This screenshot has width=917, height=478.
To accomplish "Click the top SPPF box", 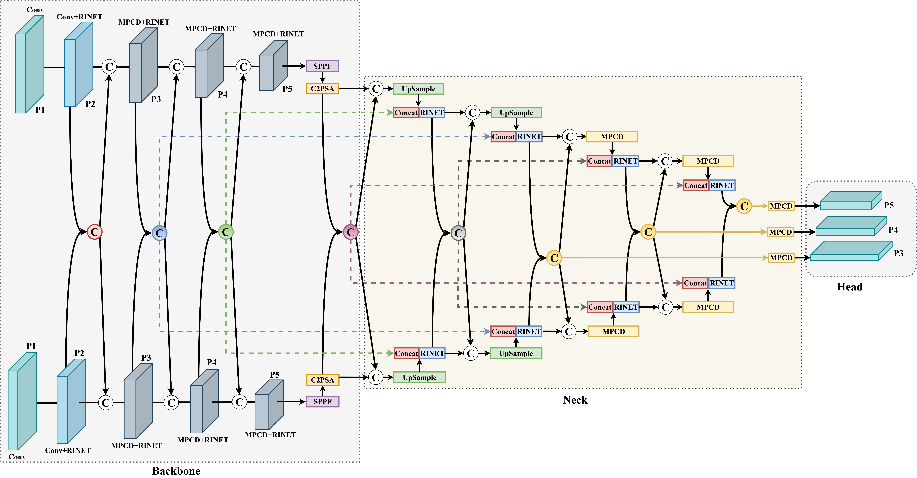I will click(322, 66).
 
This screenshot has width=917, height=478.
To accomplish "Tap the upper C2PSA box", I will click(322, 89).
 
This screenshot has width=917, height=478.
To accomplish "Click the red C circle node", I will click(95, 232).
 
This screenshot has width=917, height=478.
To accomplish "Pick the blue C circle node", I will click(159, 233).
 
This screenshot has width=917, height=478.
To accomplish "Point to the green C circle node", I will click(226, 232).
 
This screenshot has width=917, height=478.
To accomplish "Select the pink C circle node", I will click(351, 232).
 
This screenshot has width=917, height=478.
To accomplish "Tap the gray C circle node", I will click(458, 233).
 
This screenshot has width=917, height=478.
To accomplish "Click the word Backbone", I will click(176, 471).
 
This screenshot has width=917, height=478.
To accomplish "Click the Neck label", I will click(575, 400).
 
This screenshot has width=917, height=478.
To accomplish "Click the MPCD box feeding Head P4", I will click(780, 232).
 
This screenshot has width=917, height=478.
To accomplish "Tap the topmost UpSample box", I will click(418, 89).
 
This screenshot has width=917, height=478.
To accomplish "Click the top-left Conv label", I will click(35, 10).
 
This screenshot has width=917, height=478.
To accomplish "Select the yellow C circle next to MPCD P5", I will click(744, 206).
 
